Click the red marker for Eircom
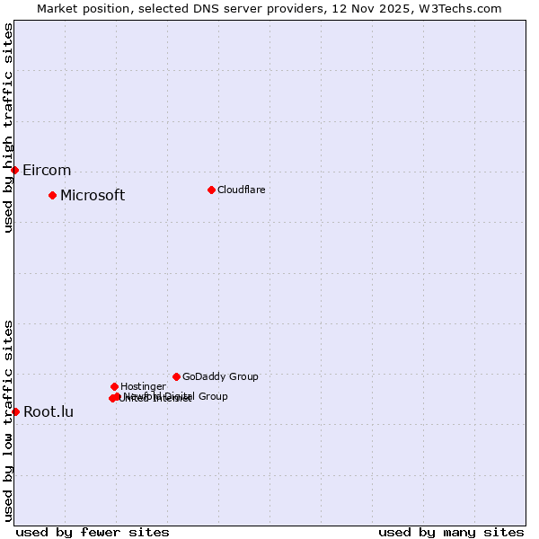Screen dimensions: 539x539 point(15,170)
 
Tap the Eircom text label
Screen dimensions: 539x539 point(47,171)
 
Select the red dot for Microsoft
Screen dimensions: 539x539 point(53,195)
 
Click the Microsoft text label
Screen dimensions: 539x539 point(93,196)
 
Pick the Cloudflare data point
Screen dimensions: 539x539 point(211,190)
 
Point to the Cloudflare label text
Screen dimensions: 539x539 point(241,190)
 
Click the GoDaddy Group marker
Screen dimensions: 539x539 point(176,376)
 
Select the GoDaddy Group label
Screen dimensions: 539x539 point(220,377)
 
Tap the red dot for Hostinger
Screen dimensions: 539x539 point(114,386)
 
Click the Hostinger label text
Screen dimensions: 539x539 point(143,387)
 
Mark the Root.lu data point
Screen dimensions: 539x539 point(15,411)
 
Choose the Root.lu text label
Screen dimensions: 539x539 point(49,412)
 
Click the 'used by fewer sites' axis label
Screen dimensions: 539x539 point(93,532)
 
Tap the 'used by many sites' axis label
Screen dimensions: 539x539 point(451,532)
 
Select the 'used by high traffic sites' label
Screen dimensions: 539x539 point(8,128)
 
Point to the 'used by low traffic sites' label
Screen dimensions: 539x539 point(8,420)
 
